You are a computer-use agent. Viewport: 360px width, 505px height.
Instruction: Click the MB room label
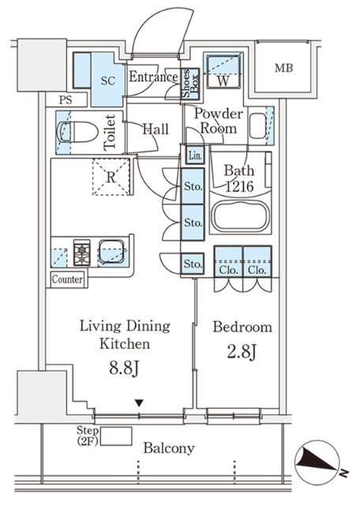coord(284,69)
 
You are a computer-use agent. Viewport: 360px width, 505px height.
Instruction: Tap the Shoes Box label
coord(189,83)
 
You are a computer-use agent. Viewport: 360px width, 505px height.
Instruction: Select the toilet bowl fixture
coord(77,132)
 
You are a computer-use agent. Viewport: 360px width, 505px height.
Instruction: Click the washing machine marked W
coord(223,72)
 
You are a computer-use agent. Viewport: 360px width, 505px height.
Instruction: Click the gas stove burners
coord(82,252)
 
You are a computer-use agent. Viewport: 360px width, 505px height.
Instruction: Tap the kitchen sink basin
coord(111,252)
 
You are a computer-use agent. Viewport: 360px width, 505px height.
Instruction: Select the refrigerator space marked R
coord(111,177)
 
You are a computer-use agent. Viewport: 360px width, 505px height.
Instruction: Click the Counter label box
coord(67,279)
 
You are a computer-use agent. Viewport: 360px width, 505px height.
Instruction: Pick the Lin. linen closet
coord(195,156)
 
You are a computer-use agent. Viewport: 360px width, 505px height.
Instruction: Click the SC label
coord(108,80)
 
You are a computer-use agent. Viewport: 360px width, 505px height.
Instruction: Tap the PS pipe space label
coord(66,100)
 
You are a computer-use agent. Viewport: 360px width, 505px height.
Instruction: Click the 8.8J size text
coord(124,368)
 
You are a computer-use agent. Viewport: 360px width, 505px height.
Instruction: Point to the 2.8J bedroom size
coord(242,352)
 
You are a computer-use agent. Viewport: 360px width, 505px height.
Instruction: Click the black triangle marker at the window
coord(139,403)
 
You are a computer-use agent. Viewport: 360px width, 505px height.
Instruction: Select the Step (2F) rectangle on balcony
coord(116,436)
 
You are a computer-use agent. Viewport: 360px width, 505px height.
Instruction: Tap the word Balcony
coord(169,448)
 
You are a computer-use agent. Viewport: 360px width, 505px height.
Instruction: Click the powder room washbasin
coord(258,126)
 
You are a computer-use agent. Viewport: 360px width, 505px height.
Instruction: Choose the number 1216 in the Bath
coord(239,186)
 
